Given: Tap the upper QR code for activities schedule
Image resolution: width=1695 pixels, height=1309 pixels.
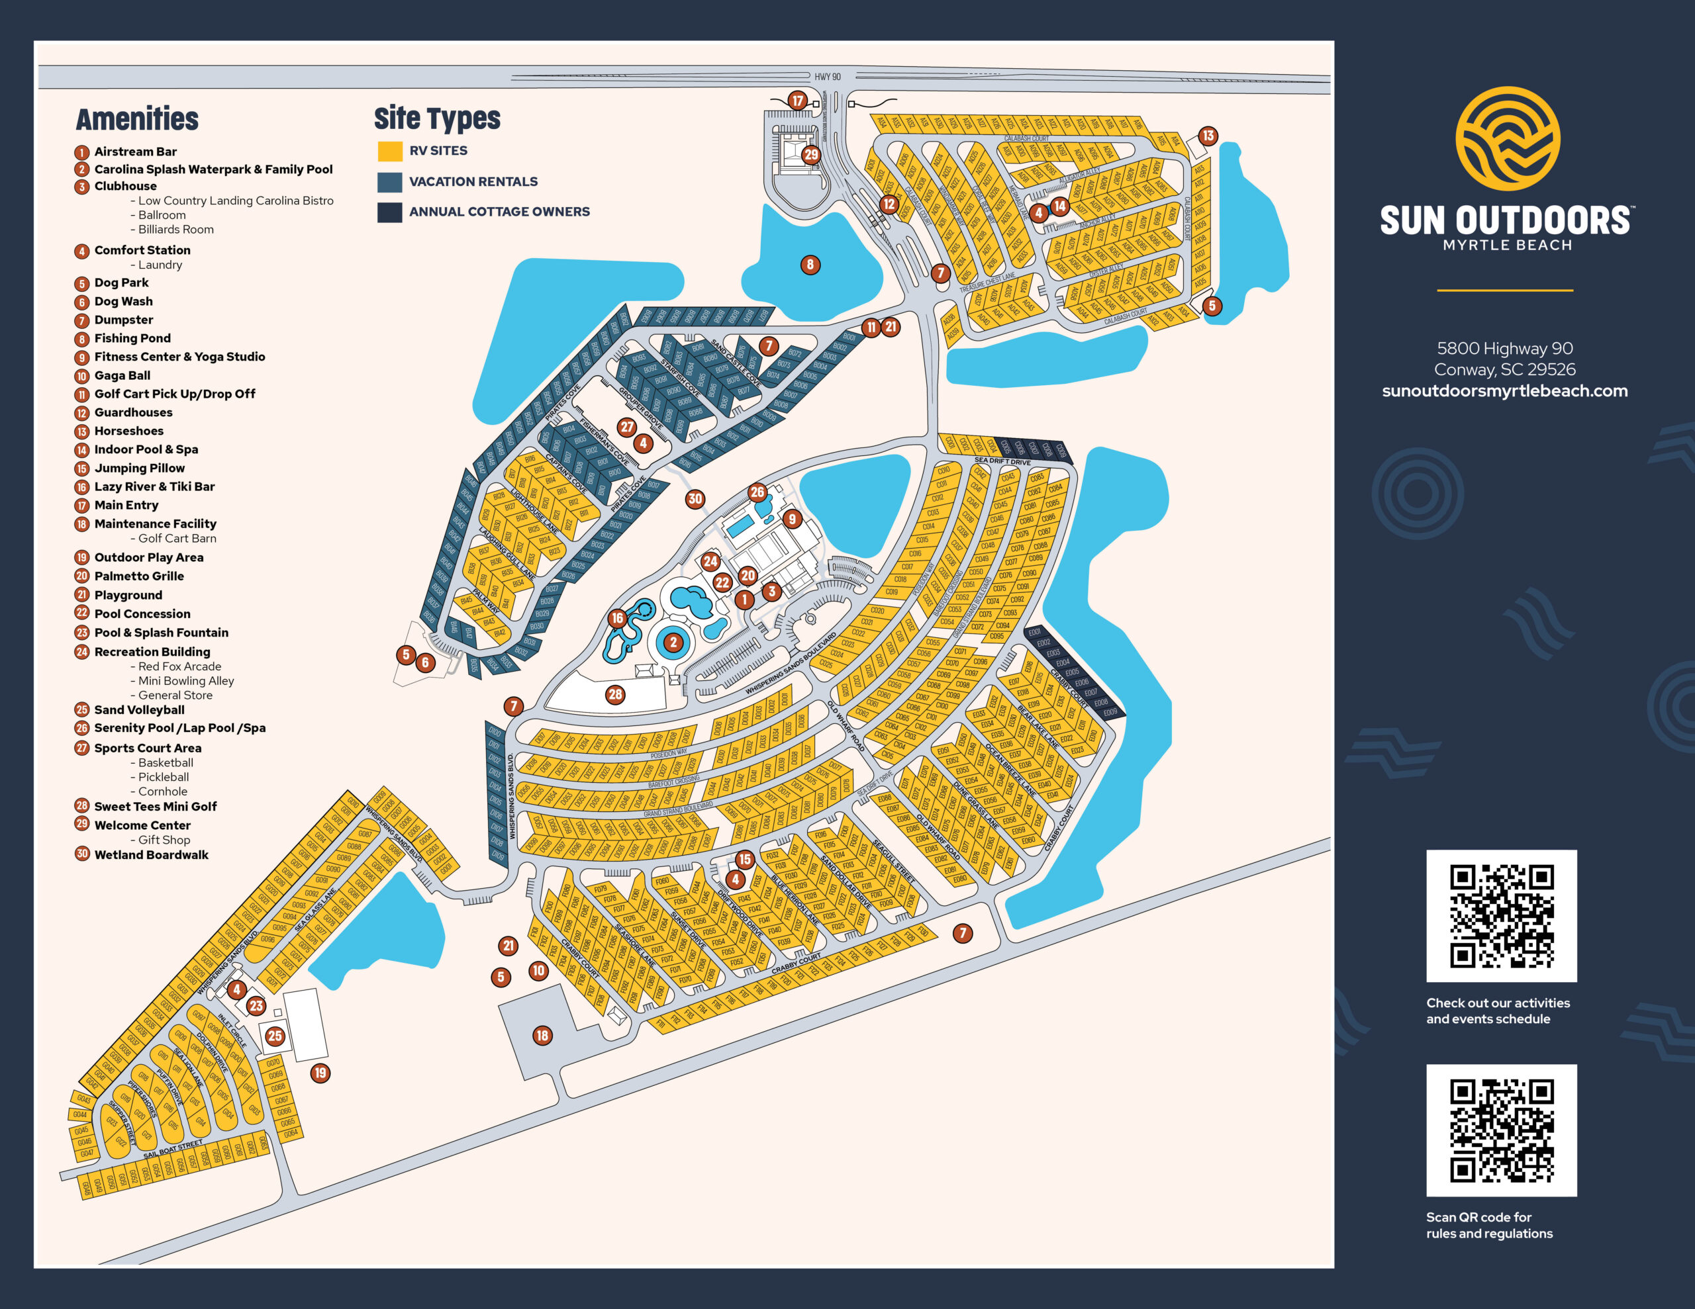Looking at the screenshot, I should (x=1501, y=916).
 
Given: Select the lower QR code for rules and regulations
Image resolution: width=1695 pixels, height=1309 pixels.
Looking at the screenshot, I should (x=1501, y=1130).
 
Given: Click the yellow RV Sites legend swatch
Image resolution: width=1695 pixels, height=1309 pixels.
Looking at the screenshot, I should (x=389, y=152).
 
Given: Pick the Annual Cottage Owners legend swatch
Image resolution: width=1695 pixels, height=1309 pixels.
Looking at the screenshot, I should (x=389, y=212).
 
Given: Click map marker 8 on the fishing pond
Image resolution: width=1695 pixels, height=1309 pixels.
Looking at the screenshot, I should (x=810, y=265).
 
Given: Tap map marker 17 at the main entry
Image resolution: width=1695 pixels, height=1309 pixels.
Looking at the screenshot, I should (x=797, y=100).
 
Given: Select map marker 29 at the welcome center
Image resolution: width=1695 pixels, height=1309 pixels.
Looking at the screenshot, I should (x=811, y=154).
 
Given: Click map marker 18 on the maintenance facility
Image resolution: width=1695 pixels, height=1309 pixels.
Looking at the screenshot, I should (x=542, y=1035).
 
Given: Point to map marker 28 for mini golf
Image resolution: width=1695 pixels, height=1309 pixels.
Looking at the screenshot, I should (x=614, y=694).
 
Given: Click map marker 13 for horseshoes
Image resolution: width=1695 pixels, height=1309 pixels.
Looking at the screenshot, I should (x=1208, y=136).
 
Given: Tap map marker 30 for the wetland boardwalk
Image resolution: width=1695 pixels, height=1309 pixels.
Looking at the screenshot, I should (x=695, y=500).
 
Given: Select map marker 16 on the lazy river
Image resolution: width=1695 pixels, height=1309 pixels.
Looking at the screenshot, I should (x=616, y=618).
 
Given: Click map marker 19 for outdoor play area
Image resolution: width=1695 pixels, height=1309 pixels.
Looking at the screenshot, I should (x=320, y=1073).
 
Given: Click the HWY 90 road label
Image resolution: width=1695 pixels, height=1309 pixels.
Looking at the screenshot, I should (x=828, y=77).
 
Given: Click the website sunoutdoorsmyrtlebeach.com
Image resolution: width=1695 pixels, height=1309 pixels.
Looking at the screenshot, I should (x=1504, y=391).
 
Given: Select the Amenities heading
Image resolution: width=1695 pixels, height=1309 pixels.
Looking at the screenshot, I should (x=137, y=120).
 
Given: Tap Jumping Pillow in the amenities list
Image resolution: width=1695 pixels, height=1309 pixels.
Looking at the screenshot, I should (x=139, y=468).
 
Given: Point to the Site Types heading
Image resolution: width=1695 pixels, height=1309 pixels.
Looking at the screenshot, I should (x=437, y=118).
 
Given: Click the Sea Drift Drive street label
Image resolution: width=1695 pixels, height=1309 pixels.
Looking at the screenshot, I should (x=1002, y=462).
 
